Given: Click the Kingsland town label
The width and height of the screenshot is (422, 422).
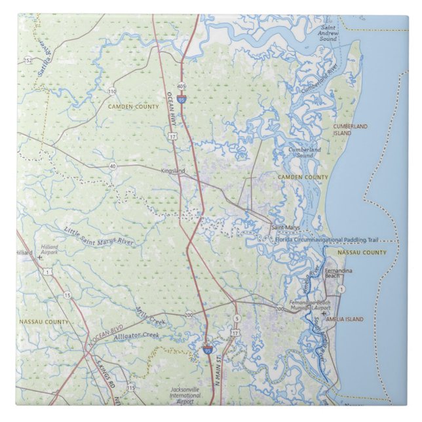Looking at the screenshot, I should pos(173,171).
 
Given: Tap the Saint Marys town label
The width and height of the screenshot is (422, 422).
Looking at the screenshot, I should pos(285,227).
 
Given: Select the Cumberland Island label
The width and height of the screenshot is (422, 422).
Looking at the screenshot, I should pos(351,129).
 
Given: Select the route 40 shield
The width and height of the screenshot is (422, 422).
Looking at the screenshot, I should pos(113,166).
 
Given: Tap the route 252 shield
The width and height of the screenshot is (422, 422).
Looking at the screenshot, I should pos(27,60).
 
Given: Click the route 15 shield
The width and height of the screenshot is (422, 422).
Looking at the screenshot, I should pos(67,296).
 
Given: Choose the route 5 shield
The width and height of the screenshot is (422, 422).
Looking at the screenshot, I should pos(237,318).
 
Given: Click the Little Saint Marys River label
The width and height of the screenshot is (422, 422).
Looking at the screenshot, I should pos(99,237).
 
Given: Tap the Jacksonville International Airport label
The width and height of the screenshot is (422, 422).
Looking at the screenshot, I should pos(185,394).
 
